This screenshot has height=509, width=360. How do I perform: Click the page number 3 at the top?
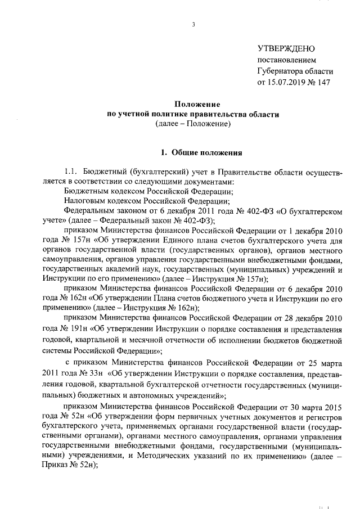click(193, 24)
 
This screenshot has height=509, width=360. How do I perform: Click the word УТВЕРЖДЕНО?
click(286, 49)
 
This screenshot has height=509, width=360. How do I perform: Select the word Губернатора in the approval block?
click(280, 71)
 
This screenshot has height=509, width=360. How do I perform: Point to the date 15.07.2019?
click(287, 83)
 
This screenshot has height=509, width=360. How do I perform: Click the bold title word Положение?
click(193, 104)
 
